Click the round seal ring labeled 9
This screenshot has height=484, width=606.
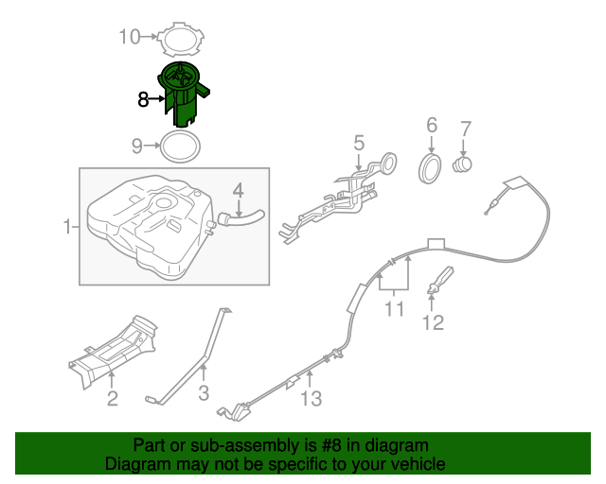(180, 147)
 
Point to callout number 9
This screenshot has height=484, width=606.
(136, 146)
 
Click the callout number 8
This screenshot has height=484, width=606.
(143, 97)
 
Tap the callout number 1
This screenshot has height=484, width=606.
(67, 227)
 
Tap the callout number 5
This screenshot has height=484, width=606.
(359, 143)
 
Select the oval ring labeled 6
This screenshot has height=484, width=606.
(431, 169)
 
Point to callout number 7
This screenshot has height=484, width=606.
(464, 127)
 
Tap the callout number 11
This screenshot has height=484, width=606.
(394, 308)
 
